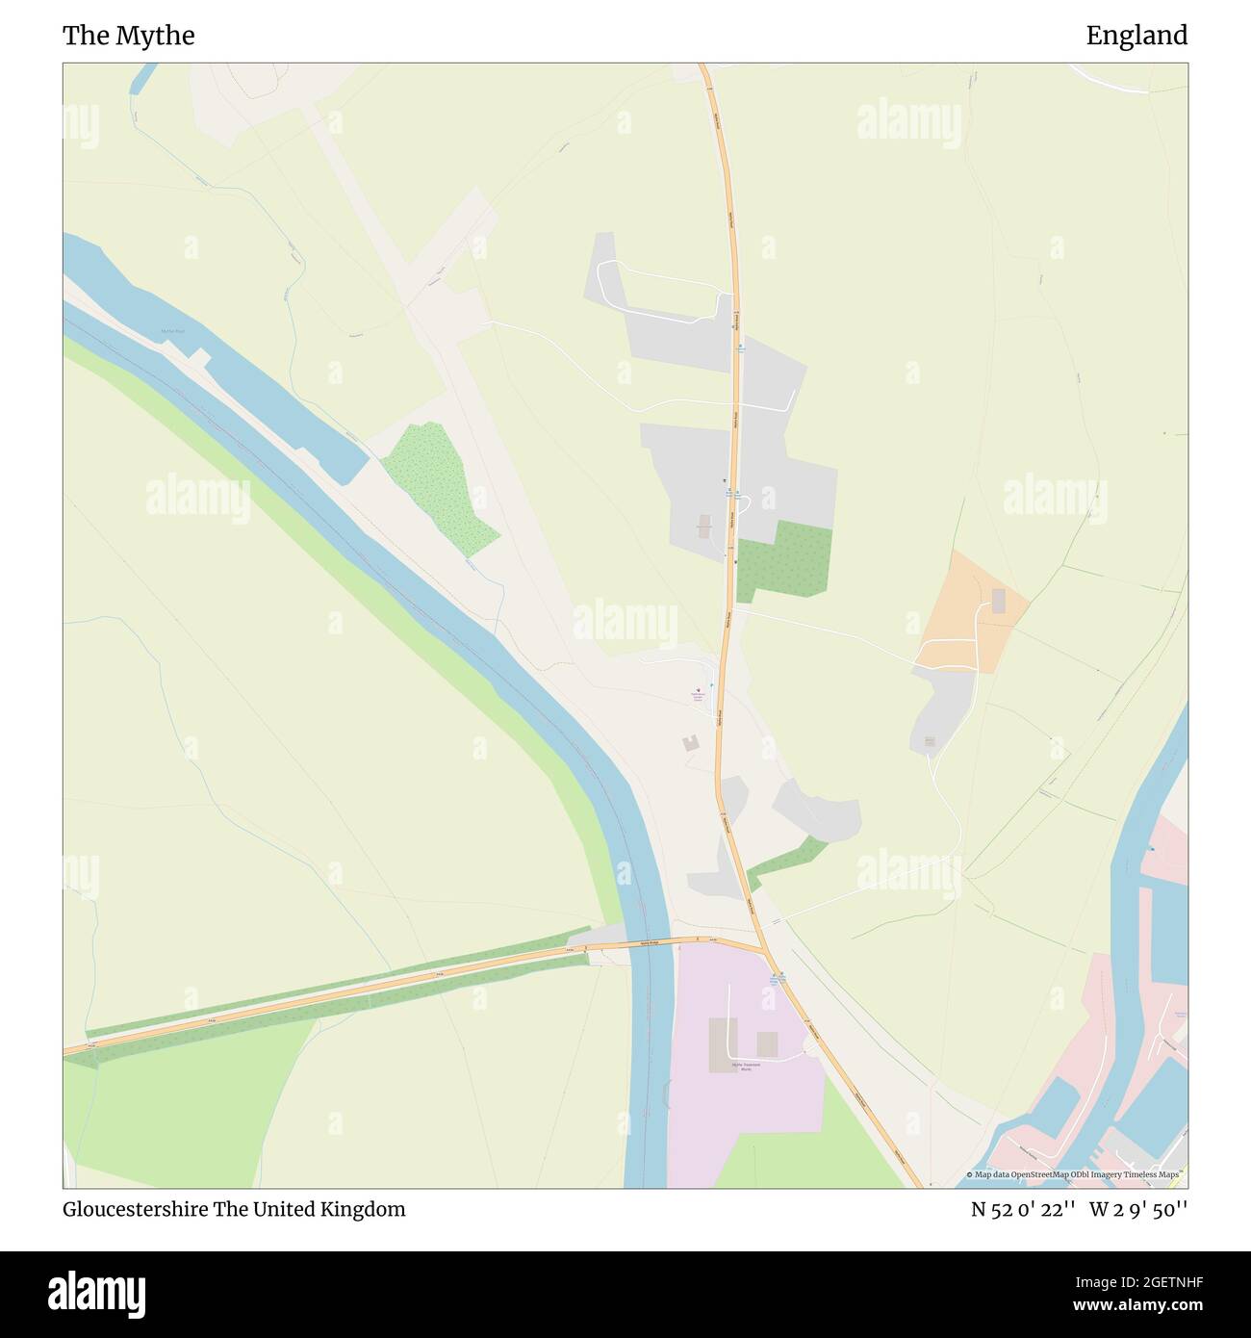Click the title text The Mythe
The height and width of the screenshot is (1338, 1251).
[x=129, y=36]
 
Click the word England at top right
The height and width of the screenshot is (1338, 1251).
[x=1136, y=36]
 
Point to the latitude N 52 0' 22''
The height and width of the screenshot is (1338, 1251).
[x=1022, y=1210]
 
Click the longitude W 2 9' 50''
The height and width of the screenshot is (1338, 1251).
[x=1138, y=1210]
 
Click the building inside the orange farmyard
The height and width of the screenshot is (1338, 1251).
[x=998, y=602]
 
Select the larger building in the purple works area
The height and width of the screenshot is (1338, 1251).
[x=722, y=1044]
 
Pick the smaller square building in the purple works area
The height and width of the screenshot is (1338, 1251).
[x=767, y=1043]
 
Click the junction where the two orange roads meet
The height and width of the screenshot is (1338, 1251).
[x=764, y=948]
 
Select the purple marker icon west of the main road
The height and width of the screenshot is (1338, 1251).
[x=699, y=689]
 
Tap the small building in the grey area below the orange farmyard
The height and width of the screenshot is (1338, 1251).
[x=930, y=740]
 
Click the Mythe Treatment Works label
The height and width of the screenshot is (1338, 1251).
[x=746, y=1068]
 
